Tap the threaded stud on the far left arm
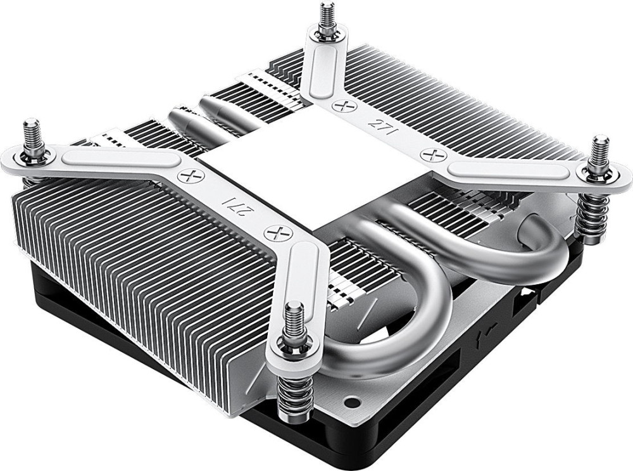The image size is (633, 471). tap(32, 137)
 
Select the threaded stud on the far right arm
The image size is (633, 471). tap(599, 153)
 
